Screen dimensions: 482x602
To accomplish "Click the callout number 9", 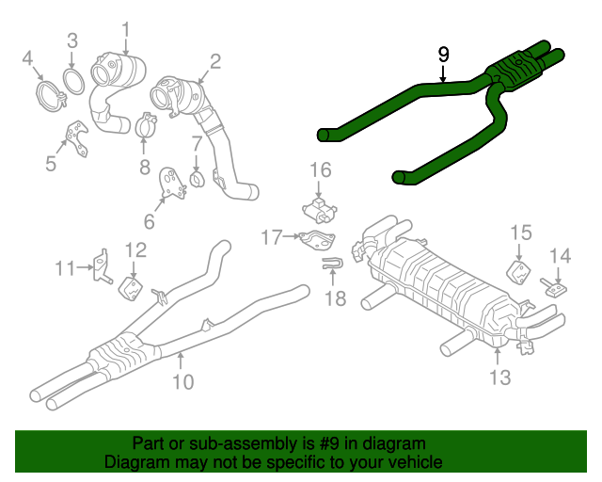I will point(444,55).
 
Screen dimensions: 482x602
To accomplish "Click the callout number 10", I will point(182,381).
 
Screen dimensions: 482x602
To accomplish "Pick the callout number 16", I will point(321,170).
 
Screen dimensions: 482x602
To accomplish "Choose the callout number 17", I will point(272,238).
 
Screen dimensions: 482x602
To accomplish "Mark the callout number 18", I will point(335,299).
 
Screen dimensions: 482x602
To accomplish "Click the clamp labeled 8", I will point(144,124).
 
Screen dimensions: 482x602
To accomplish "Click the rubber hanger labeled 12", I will point(131,285).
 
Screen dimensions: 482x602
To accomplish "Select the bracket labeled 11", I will point(102,266).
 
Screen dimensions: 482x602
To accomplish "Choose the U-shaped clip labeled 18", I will point(331,267).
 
